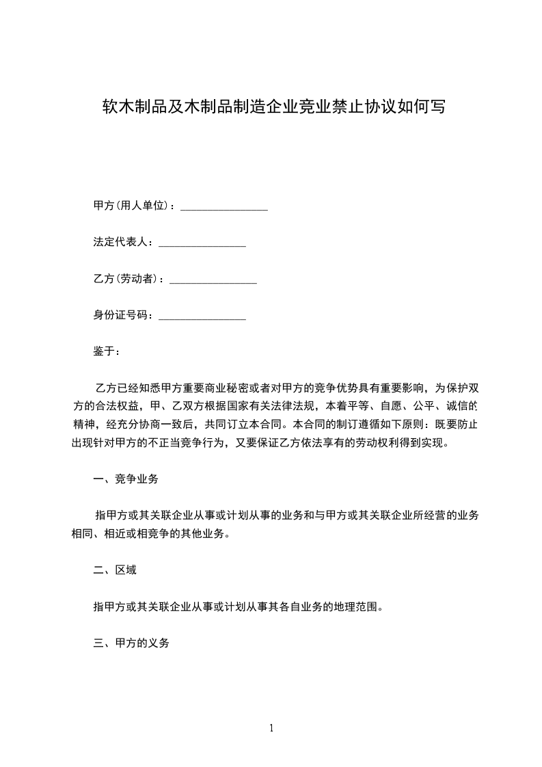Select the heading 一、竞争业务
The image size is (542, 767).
click(x=126, y=479)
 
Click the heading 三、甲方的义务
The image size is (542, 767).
click(x=131, y=643)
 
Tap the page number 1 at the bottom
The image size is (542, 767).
click(x=271, y=728)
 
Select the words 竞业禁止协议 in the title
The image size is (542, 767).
click(x=352, y=107)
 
